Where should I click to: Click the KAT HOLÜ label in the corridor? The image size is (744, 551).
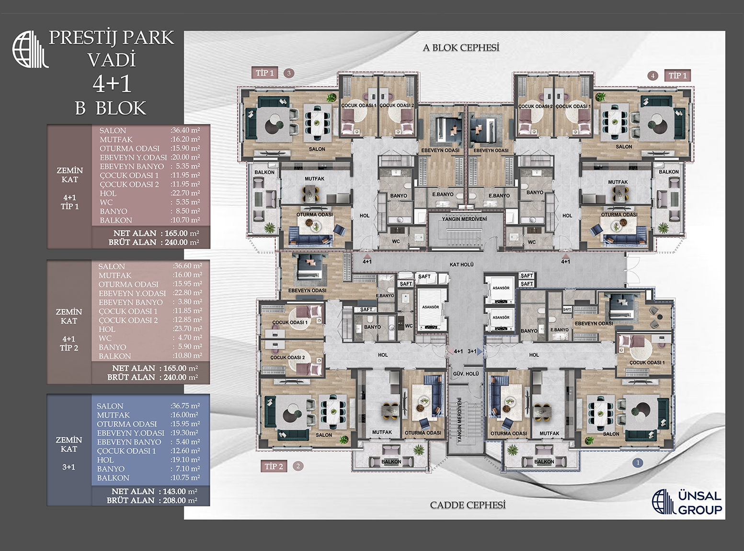461,264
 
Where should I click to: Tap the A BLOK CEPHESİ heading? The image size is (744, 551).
461,47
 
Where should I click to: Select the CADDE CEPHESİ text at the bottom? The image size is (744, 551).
468,505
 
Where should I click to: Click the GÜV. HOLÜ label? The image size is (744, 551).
466,374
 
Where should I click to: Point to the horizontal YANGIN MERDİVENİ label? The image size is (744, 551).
464,219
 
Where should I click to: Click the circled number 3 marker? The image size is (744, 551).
288,73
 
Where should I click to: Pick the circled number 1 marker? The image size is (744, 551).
638,462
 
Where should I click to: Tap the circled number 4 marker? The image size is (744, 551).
652,76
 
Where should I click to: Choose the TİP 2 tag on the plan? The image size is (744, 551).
274,466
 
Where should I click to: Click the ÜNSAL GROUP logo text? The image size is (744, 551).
699,503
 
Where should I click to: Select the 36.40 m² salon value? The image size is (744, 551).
185,130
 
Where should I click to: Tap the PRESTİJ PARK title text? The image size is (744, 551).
112,38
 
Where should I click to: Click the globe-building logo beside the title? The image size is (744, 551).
30,49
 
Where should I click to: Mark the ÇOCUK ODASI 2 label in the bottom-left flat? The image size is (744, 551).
287,357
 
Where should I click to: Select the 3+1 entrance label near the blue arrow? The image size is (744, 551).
472,351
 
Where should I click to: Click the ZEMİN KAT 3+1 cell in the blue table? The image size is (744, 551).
69,453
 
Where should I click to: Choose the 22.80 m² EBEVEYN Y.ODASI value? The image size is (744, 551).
187,293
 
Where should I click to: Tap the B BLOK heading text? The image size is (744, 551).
111,108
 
